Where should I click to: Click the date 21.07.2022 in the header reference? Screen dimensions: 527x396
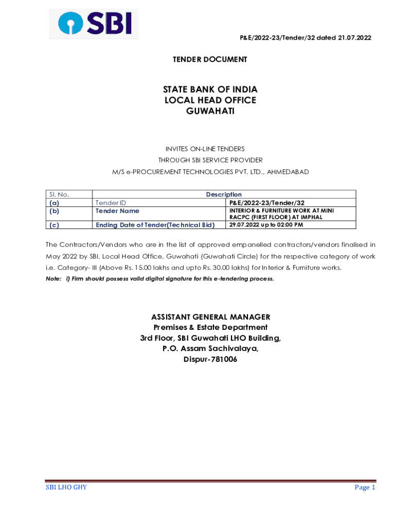[355, 38]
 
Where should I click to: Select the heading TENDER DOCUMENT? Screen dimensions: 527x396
[209, 60]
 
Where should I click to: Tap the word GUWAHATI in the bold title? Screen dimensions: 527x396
[210, 111]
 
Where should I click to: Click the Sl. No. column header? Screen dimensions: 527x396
[59, 195]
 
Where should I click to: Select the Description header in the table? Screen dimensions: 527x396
[224, 195]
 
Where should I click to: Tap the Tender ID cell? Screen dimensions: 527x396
[111, 203]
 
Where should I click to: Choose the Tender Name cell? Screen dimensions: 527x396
[117, 210]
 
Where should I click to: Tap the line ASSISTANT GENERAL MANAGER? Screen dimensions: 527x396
[210, 317]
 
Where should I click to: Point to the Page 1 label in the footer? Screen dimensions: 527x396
[365, 487]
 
